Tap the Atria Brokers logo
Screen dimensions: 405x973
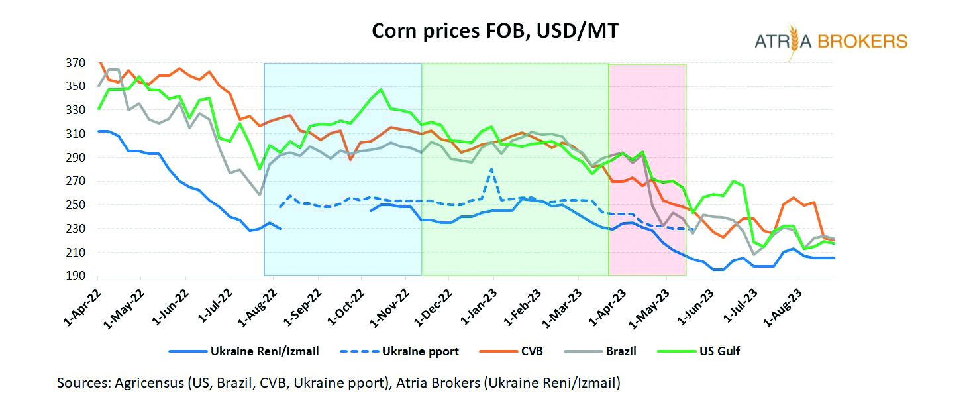pyautogui.click(x=831, y=42)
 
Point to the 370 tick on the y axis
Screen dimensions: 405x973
pyautogui.click(x=76, y=64)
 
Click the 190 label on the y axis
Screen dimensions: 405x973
pyautogui.click(x=76, y=276)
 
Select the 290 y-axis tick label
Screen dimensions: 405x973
pyautogui.click(x=76, y=158)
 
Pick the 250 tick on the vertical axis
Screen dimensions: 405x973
pyautogui.click(x=76, y=205)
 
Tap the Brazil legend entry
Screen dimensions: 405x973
pyautogui.click(x=621, y=351)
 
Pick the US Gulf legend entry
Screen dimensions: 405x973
pyautogui.click(x=718, y=351)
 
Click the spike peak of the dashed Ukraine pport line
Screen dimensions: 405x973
pyautogui.click(x=491, y=169)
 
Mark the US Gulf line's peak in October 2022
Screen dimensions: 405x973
pyautogui.click(x=381, y=89)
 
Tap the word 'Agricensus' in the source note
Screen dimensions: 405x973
pyautogui.click(x=146, y=383)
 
